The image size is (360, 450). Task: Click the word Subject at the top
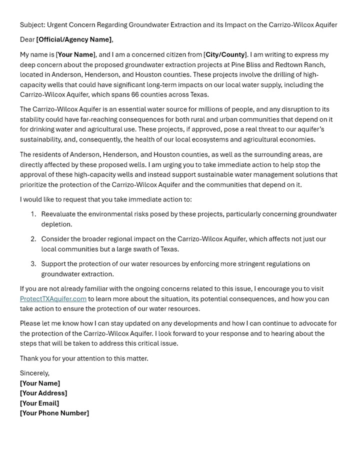31,24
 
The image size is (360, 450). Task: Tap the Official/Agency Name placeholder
74,39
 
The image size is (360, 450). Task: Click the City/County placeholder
225,54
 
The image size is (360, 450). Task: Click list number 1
33,214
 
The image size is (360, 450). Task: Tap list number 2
33,239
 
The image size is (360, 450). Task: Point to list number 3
33,264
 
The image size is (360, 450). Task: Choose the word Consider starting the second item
55,239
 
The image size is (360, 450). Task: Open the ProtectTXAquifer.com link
53,299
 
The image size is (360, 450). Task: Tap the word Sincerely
34,373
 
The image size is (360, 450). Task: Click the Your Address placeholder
43,393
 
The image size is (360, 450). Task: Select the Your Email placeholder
39,403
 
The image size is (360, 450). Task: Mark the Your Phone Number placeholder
54,413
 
